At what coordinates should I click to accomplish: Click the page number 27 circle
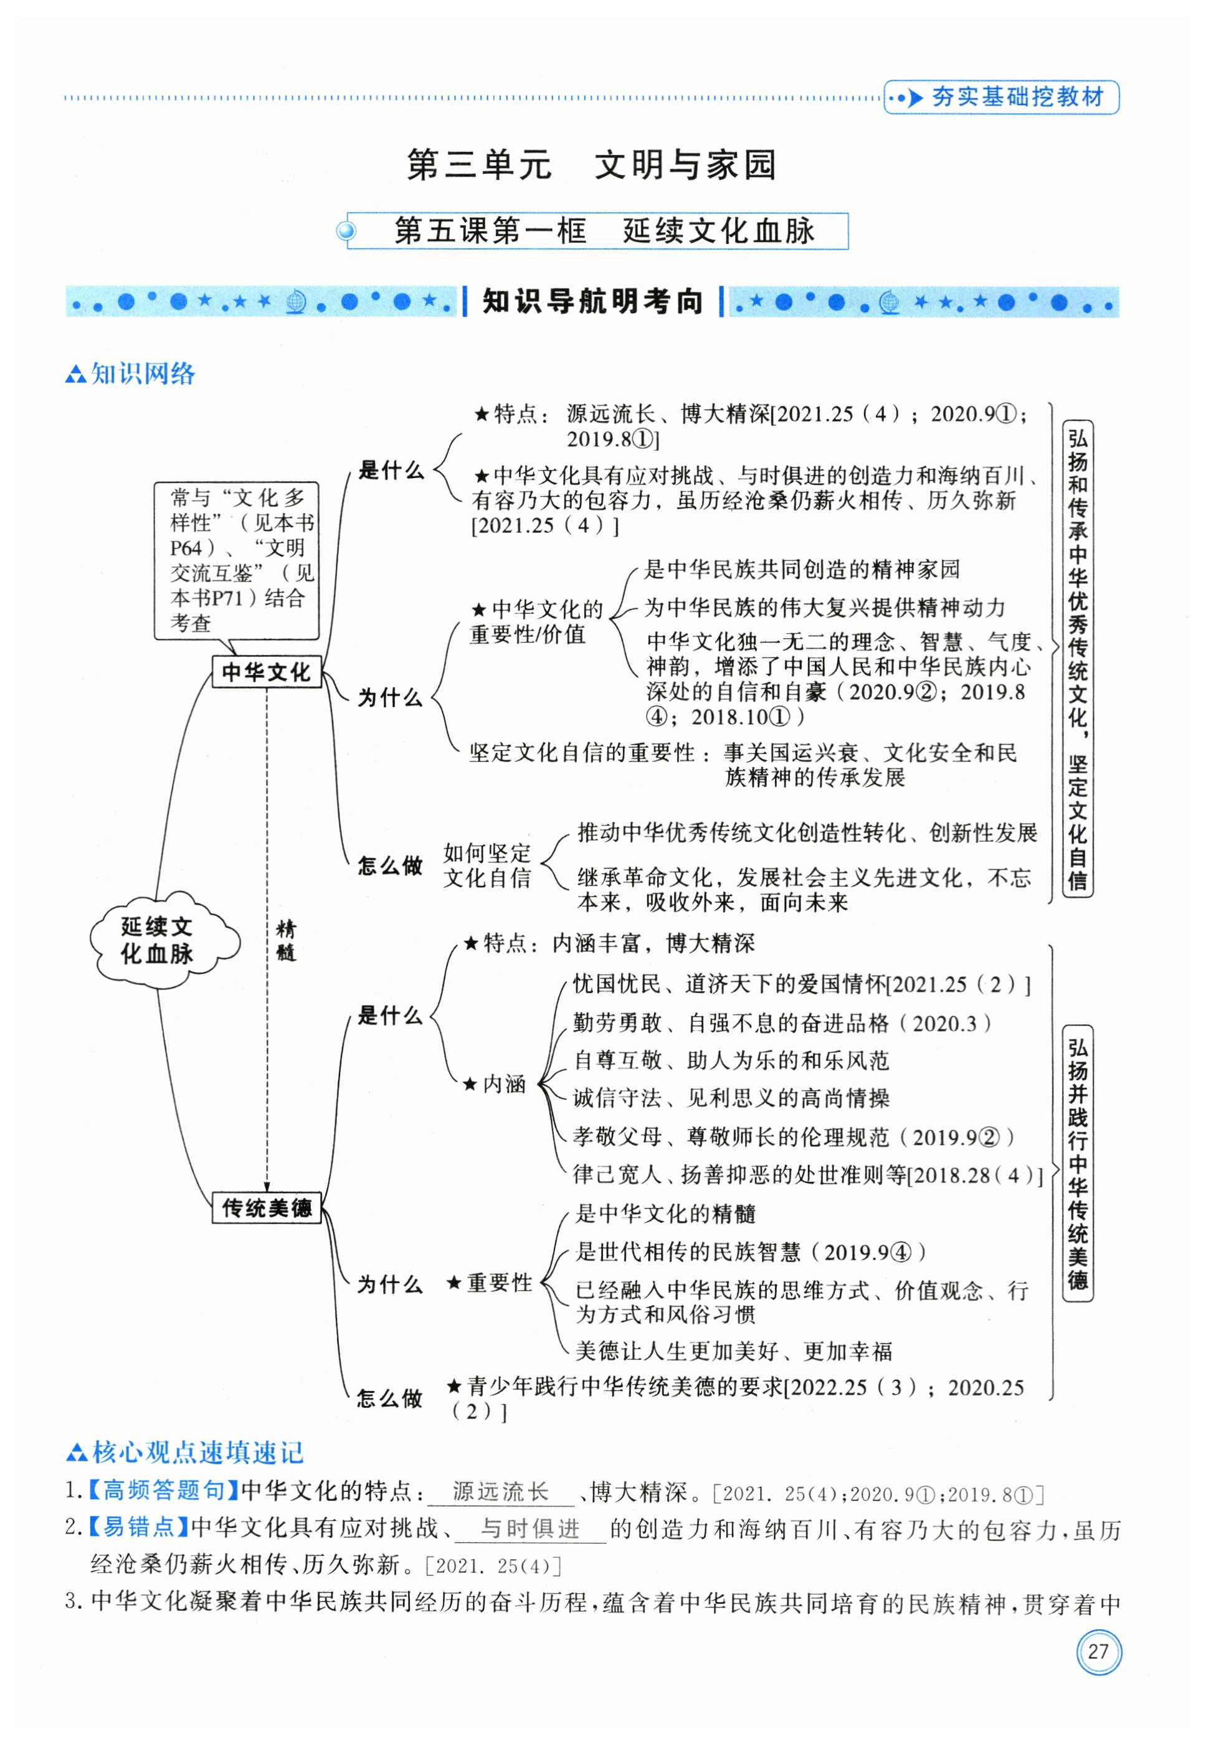pyautogui.click(x=1099, y=1651)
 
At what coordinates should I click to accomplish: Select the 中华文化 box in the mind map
pyautogui.click(x=266, y=671)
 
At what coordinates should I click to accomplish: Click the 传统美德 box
pyautogui.click(x=266, y=1207)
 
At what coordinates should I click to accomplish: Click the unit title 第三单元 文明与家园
pyautogui.click(x=592, y=164)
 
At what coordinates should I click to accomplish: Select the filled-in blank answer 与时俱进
pyautogui.click(x=531, y=1529)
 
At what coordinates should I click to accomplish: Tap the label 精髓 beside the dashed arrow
pyautogui.click(x=286, y=940)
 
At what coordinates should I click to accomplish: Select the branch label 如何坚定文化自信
pyautogui.click(x=487, y=865)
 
